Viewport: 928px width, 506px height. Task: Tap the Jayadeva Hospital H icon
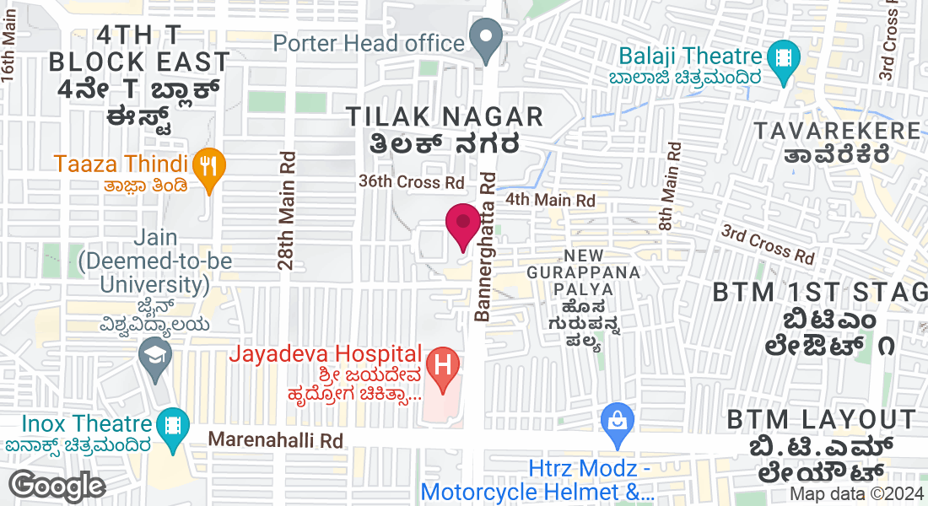pyautogui.click(x=441, y=365)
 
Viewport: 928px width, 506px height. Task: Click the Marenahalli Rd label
pyautogui.click(x=276, y=440)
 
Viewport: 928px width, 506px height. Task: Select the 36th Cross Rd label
pyautogui.click(x=412, y=182)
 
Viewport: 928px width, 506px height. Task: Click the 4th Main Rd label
pyautogui.click(x=550, y=201)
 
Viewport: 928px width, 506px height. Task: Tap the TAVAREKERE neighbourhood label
pyautogui.click(x=837, y=131)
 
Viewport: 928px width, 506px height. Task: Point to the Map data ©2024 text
pyautogui.click(x=856, y=495)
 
